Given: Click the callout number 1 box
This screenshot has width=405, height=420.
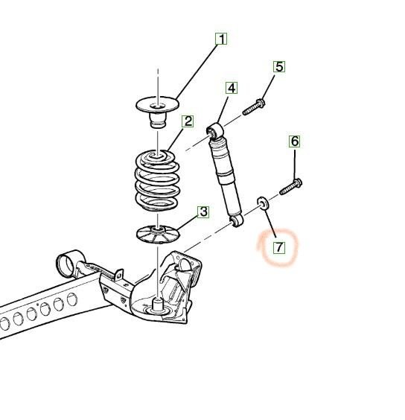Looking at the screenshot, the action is point(221,39).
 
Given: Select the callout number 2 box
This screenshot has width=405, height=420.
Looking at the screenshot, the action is point(188,121).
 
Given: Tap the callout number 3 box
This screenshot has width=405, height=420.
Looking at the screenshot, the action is point(203,212).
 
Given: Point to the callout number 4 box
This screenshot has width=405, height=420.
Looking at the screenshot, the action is point(232,88).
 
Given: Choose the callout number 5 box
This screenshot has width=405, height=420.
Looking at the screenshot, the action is point(279,67).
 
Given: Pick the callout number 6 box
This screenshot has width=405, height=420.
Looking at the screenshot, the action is point(295,141).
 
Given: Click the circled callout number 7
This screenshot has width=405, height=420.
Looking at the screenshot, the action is point(279,247).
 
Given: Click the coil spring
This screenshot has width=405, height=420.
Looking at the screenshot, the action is point(157,180).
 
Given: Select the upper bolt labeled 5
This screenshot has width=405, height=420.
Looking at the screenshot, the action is point(254,107).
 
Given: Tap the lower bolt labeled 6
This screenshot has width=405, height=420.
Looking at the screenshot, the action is point(291,187).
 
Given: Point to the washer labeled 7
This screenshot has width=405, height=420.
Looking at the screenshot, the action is point(263,203).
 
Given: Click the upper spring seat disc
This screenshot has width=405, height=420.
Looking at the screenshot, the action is point(158,104).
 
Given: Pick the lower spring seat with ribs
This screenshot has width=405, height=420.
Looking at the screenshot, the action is point(158,234).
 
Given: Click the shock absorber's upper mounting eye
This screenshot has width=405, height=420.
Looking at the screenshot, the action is point(215,130).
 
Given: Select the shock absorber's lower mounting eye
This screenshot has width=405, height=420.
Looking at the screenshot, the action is point(237,220).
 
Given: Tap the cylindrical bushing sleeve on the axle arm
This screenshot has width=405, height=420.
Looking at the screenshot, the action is point(69,264).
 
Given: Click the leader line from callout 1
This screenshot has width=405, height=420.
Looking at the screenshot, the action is point(197,71).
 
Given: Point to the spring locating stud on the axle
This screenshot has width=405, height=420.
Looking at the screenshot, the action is point(158,305).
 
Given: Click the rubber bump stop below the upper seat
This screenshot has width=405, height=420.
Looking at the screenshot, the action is point(158,120).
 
